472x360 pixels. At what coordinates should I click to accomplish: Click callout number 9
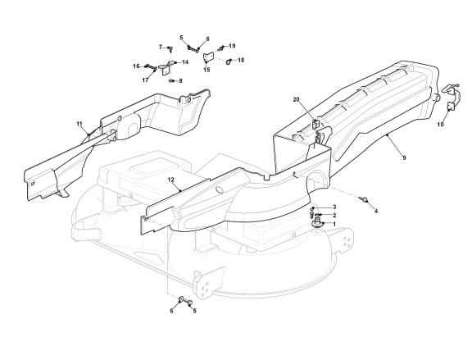pos(404,157)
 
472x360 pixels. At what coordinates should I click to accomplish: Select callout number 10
pos(440,124)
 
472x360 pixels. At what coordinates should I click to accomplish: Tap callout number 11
pos(79,124)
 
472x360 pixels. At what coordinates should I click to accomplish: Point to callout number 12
pos(171,180)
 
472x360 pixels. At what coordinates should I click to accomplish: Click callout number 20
pos(297,100)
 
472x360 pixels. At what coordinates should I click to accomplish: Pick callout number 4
pos(376,212)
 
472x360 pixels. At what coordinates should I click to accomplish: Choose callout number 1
pos(334,224)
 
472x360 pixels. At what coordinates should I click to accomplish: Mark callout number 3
pos(334,207)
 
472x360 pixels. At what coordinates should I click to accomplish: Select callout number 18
pos(241,60)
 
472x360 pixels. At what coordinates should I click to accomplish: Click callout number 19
pos(232,46)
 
